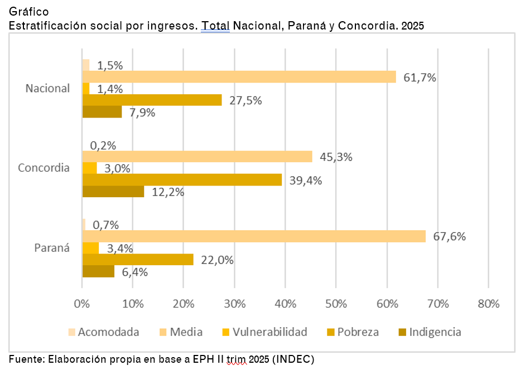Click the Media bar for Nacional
[239, 77]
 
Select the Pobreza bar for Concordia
[182, 179]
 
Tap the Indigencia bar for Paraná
[98, 271]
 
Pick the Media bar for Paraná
[254, 236]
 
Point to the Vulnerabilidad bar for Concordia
[89, 168]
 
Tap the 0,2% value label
[103, 145]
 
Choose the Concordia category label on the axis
[44, 168]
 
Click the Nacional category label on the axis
[48, 88]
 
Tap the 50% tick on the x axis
[335, 304]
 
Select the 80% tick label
[488, 304]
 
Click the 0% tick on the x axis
[82, 304]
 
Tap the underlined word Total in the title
[215, 26]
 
